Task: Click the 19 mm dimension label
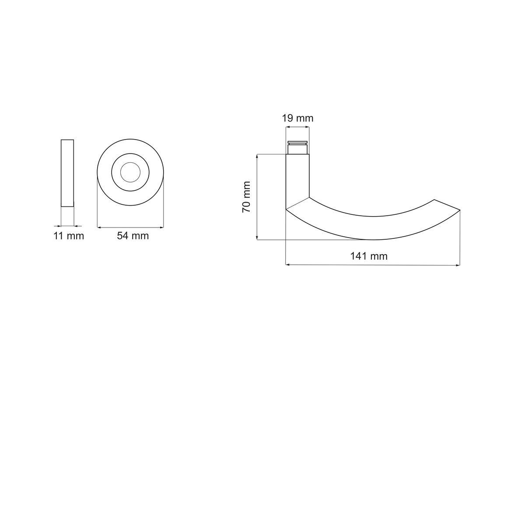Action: (297, 119)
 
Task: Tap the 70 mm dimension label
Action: (246, 197)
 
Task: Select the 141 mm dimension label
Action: (369, 256)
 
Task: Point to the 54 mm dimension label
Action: (133, 236)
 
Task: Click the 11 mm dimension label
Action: (69, 236)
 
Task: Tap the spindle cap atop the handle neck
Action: (297, 147)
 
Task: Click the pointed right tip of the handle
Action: (460, 210)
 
